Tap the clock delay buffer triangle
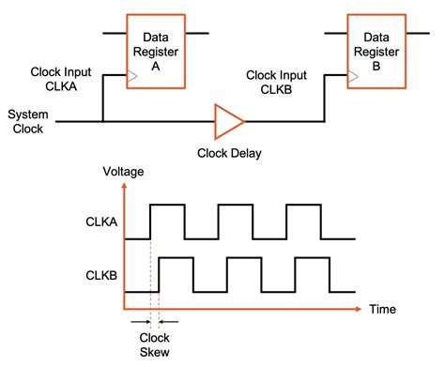click(228, 121)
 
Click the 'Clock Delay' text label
click(229, 153)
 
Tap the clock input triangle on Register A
click(133, 79)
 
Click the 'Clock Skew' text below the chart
click(154, 345)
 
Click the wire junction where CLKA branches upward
click(102, 121)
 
